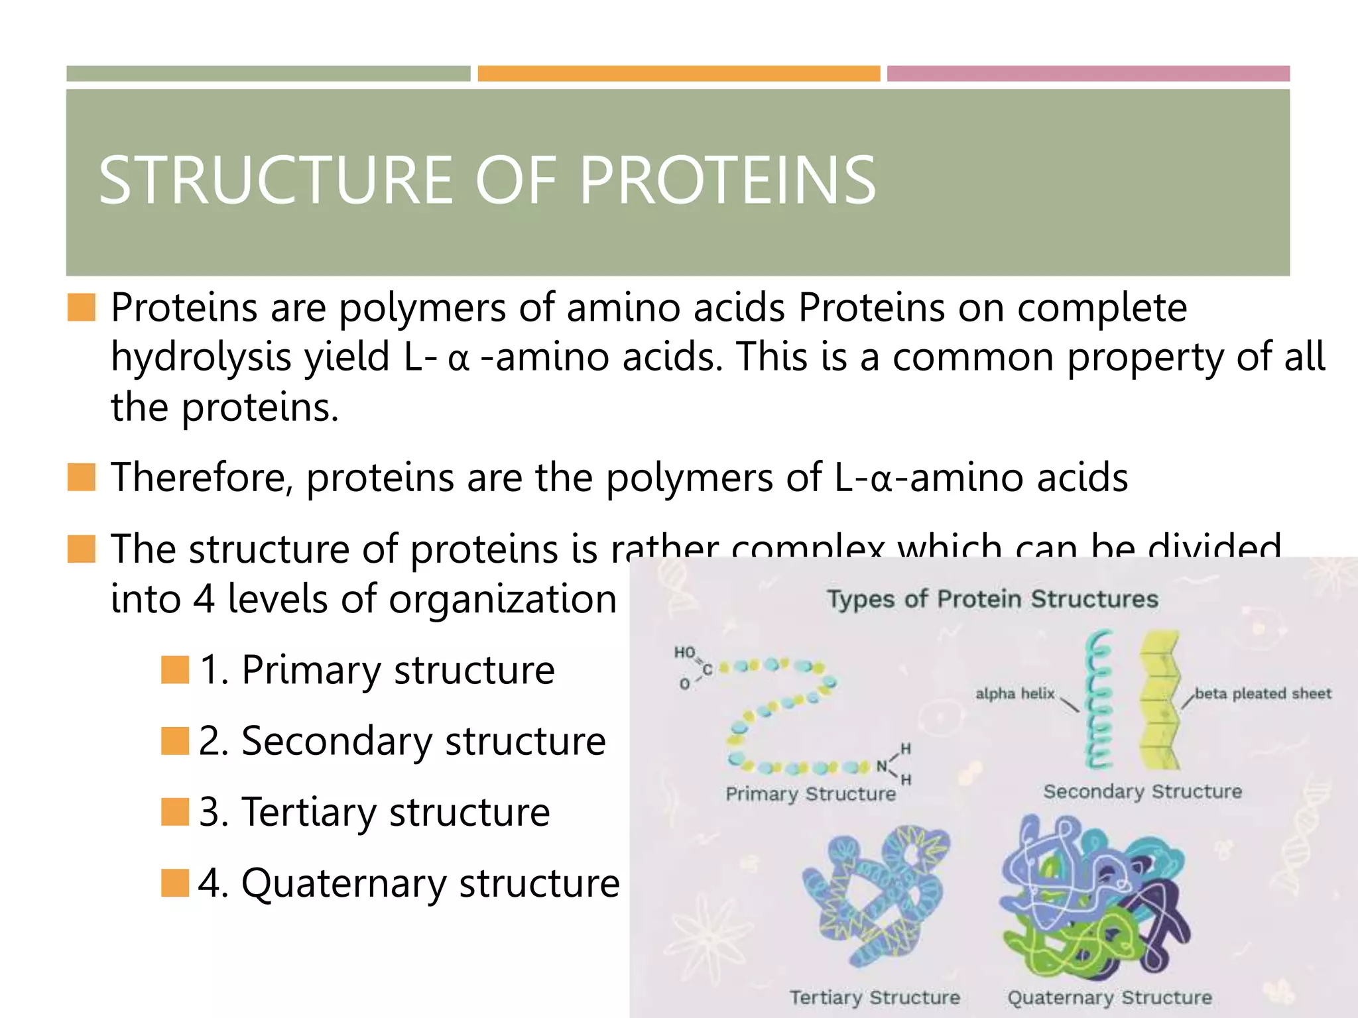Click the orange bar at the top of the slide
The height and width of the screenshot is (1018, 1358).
click(678, 74)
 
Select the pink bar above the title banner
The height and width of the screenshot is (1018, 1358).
click(1088, 74)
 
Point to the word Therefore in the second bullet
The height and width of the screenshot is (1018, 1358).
click(201, 477)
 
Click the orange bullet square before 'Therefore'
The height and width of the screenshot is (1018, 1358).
click(82, 477)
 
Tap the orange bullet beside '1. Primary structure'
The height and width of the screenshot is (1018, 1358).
click(175, 669)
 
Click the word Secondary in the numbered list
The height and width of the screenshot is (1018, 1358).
click(337, 741)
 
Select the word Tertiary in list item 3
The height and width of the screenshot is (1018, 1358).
click(308, 812)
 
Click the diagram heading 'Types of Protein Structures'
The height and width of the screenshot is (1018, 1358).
click(992, 599)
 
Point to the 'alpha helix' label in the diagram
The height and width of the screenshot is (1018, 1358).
click(1015, 693)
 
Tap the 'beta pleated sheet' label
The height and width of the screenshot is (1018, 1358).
click(1263, 693)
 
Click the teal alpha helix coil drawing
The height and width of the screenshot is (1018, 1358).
click(1098, 699)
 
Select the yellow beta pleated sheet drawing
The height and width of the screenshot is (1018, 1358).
click(1160, 699)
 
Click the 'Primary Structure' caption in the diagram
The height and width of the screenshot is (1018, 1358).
click(810, 794)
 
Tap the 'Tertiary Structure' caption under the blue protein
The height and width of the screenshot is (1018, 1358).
click(875, 997)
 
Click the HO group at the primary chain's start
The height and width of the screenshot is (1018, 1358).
click(684, 653)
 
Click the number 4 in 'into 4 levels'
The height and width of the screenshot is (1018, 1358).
click(204, 599)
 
